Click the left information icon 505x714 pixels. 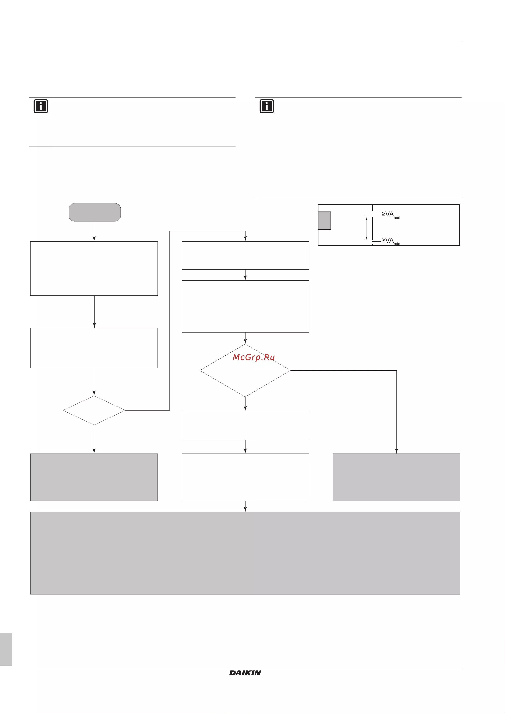(41, 106)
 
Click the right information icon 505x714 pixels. (267, 106)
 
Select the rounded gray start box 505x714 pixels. (95, 212)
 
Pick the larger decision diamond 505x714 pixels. (245, 370)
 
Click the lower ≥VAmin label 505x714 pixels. (391, 241)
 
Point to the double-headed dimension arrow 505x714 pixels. (367, 228)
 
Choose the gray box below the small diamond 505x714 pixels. (94, 477)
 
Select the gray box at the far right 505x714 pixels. (396, 477)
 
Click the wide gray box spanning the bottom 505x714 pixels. (245, 553)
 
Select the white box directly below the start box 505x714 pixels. (94, 268)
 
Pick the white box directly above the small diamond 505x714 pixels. (94, 348)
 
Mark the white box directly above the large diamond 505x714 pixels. (245, 306)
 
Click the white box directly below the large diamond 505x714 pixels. (245, 425)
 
